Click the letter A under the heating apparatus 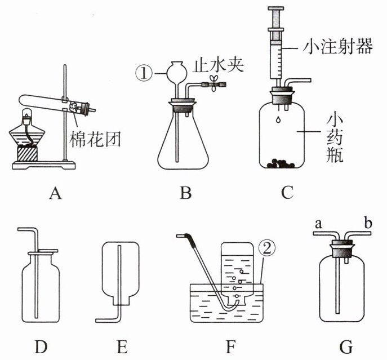[55, 193]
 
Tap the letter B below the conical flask [185, 193]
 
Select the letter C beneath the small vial [287, 193]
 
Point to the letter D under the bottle [41, 346]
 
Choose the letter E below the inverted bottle [122, 346]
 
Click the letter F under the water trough [230, 346]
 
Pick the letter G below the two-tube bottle [346, 346]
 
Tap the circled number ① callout [144, 73]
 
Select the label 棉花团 [95, 139]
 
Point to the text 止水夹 [218, 65]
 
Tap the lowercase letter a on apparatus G [319, 224]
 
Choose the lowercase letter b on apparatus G [368, 223]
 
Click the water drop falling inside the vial [278, 119]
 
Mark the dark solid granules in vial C [281, 164]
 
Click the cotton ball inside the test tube [74, 108]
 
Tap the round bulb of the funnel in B [176, 72]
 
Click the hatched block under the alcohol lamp [27, 153]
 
